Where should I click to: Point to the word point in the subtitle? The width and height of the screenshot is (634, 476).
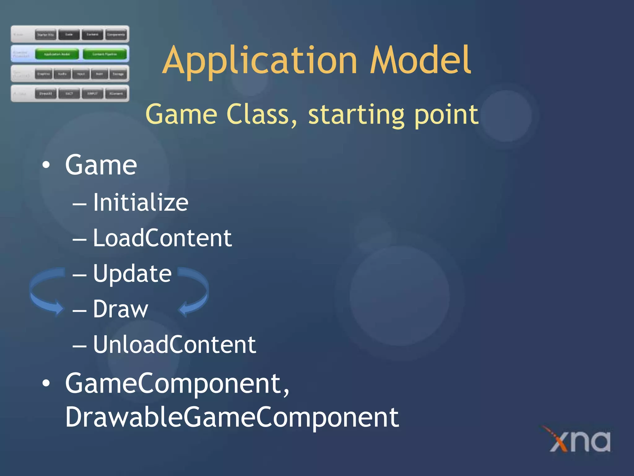[446, 115]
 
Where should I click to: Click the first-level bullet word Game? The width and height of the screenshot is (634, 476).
[101, 165]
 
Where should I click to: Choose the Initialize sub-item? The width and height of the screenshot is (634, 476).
[141, 203]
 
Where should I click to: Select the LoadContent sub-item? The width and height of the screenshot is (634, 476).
[162, 238]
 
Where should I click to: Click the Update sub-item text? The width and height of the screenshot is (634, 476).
[132, 274]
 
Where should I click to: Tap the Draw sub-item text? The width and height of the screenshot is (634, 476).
[121, 309]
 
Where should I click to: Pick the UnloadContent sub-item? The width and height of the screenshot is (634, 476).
[175, 345]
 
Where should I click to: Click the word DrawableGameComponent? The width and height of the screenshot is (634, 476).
[232, 417]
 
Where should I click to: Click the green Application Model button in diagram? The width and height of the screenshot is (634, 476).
[57, 54]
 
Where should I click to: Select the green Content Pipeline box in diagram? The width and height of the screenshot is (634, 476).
[105, 54]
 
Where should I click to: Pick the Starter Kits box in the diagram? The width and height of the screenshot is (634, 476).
[46, 35]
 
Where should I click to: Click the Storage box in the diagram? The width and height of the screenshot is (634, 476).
[118, 74]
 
